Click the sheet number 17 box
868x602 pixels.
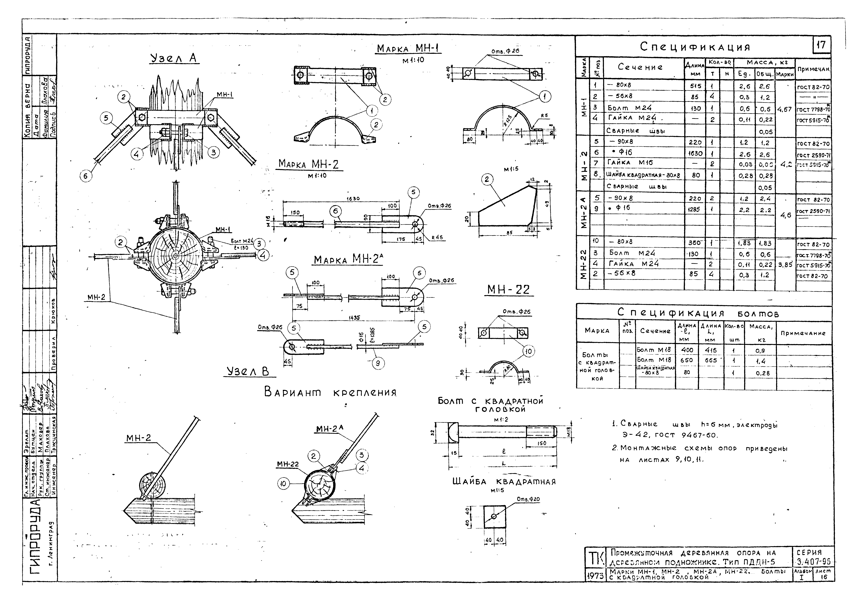pyautogui.click(x=821, y=45)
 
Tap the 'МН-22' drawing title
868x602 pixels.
pyautogui.click(x=508, y=290)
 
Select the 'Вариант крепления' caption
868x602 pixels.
pyautogui.click(x=330, y=393)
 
